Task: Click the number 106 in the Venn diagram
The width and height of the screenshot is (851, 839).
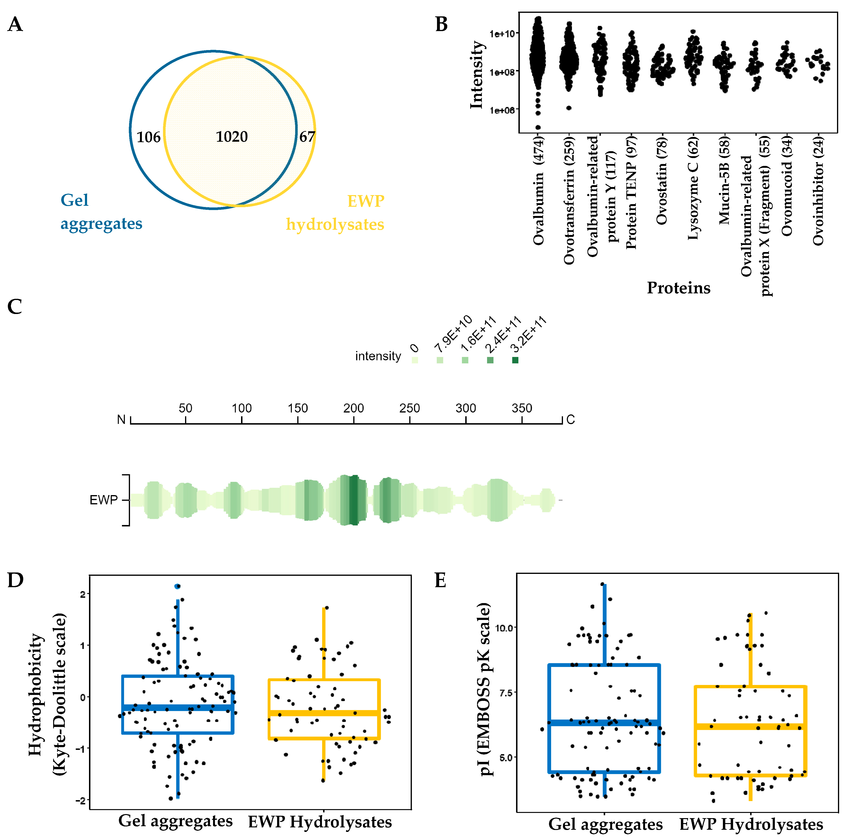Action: tap(149, 137)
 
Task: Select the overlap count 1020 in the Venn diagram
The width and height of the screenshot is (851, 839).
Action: tap(232, 137)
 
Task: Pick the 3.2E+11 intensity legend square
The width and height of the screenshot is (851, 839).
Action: tap(515, 360)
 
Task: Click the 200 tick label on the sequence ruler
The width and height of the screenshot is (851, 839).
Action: tap(354, 408)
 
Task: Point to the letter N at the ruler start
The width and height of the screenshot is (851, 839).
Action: tap(121, 420)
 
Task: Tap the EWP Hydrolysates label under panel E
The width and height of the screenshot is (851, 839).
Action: tap(751, 825)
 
